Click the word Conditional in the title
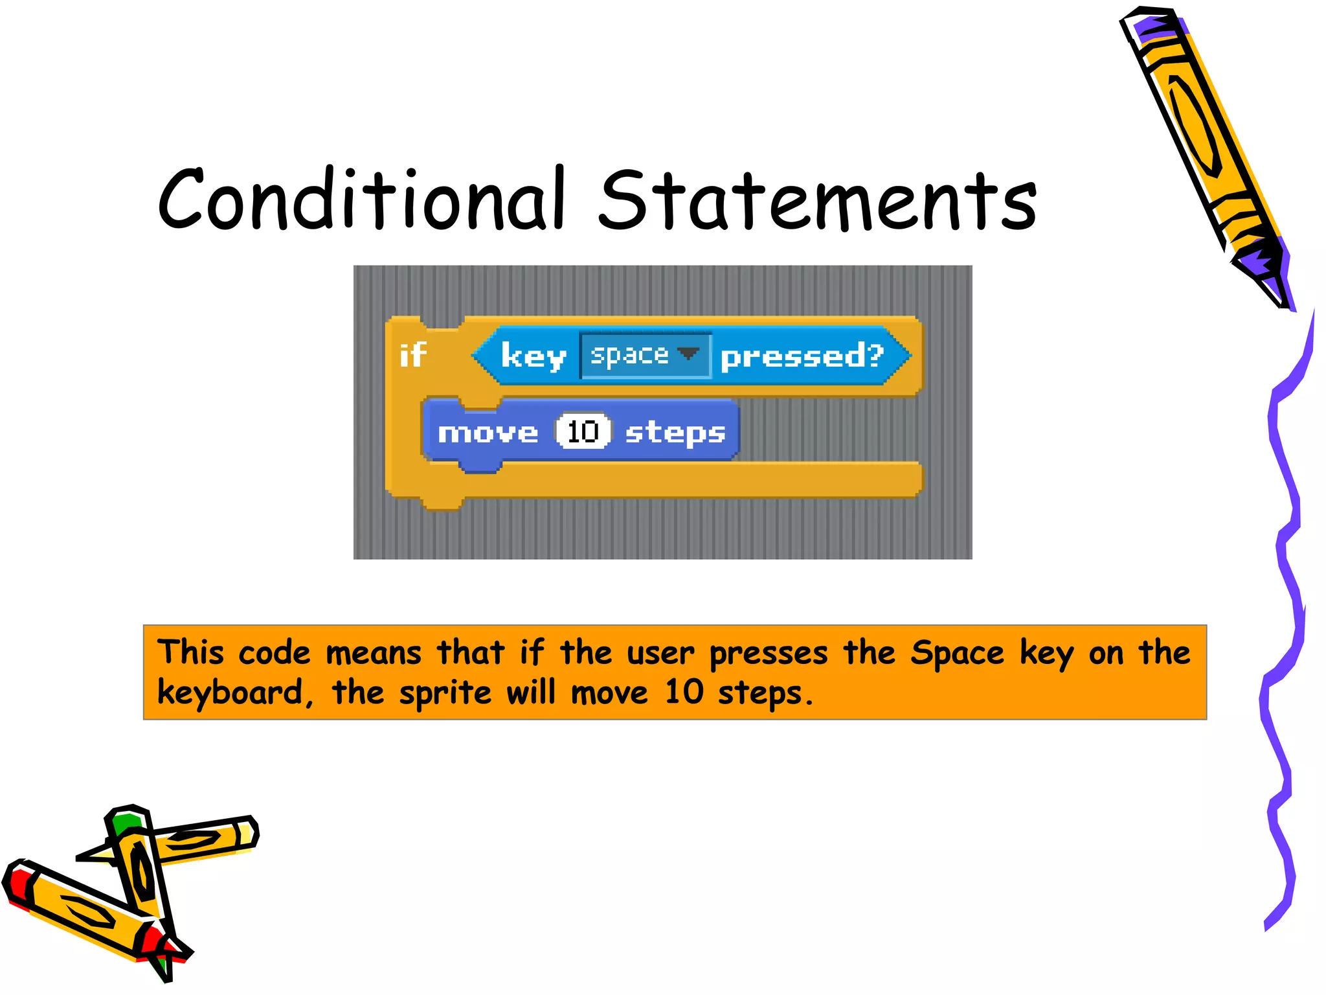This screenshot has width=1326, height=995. [363, 200]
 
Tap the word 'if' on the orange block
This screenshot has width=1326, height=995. [413, 355]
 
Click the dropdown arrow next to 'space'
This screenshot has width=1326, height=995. [688, 354]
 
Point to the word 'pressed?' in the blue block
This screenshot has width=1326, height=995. [802, 356]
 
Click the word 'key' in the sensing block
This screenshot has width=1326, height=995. [534, 356]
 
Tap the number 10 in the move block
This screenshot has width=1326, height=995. [583, 431]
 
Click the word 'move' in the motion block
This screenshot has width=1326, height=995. [488, 433]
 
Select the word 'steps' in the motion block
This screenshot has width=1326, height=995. [675, 433]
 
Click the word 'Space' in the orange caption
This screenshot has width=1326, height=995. [957, 653]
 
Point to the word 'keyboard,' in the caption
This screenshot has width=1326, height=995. [235, 693]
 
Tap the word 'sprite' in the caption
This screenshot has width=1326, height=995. [445, 693]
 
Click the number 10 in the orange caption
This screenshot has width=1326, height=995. [684, 692]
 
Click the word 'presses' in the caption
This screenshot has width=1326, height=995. [769, 653]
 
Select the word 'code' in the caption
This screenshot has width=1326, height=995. [275, 653]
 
